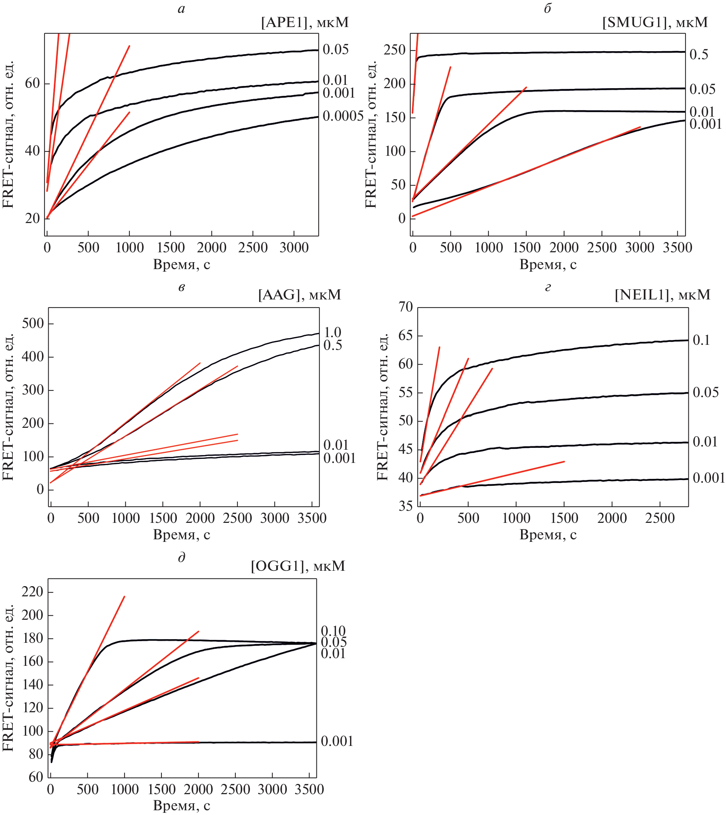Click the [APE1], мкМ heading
pos(305,22)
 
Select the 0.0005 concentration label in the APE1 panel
pos(343,116)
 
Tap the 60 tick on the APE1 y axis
pos(32,83)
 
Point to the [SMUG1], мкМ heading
pos(655,22)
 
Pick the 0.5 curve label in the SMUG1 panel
pos(699,55)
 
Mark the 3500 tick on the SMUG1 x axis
pos(677,248)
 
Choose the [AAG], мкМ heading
pos(300,295)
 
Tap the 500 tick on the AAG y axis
pos(33,323)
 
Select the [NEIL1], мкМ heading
pos(662,295)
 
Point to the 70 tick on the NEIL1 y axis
pos(405,306)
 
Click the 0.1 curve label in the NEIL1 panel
pos(701,340)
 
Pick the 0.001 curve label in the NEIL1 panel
pos(708,478)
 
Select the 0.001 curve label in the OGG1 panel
pos(337,741)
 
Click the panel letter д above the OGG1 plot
pos(182,557)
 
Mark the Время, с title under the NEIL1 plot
pos(548,535)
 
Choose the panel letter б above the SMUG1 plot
pos(547,8)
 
